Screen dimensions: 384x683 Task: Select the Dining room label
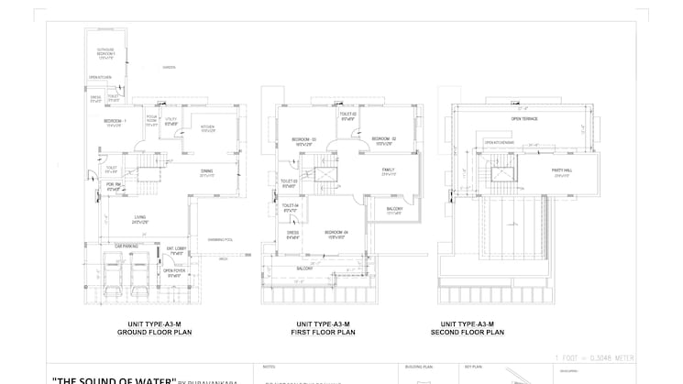click(x=207, y=172)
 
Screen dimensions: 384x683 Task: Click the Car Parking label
click(x=126, y=246)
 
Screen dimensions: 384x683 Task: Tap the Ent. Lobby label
click(x=177, y=250)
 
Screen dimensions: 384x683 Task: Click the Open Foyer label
click(x=174, y=272)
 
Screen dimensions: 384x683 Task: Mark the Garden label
click(x=169, y=68)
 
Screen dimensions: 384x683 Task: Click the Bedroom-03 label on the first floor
click(x=304, y=141)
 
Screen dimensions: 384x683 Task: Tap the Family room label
click(x=389, y=171)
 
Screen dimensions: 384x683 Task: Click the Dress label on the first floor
click(x=292, y=235)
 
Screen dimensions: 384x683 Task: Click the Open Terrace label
click(x=523, y=119)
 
